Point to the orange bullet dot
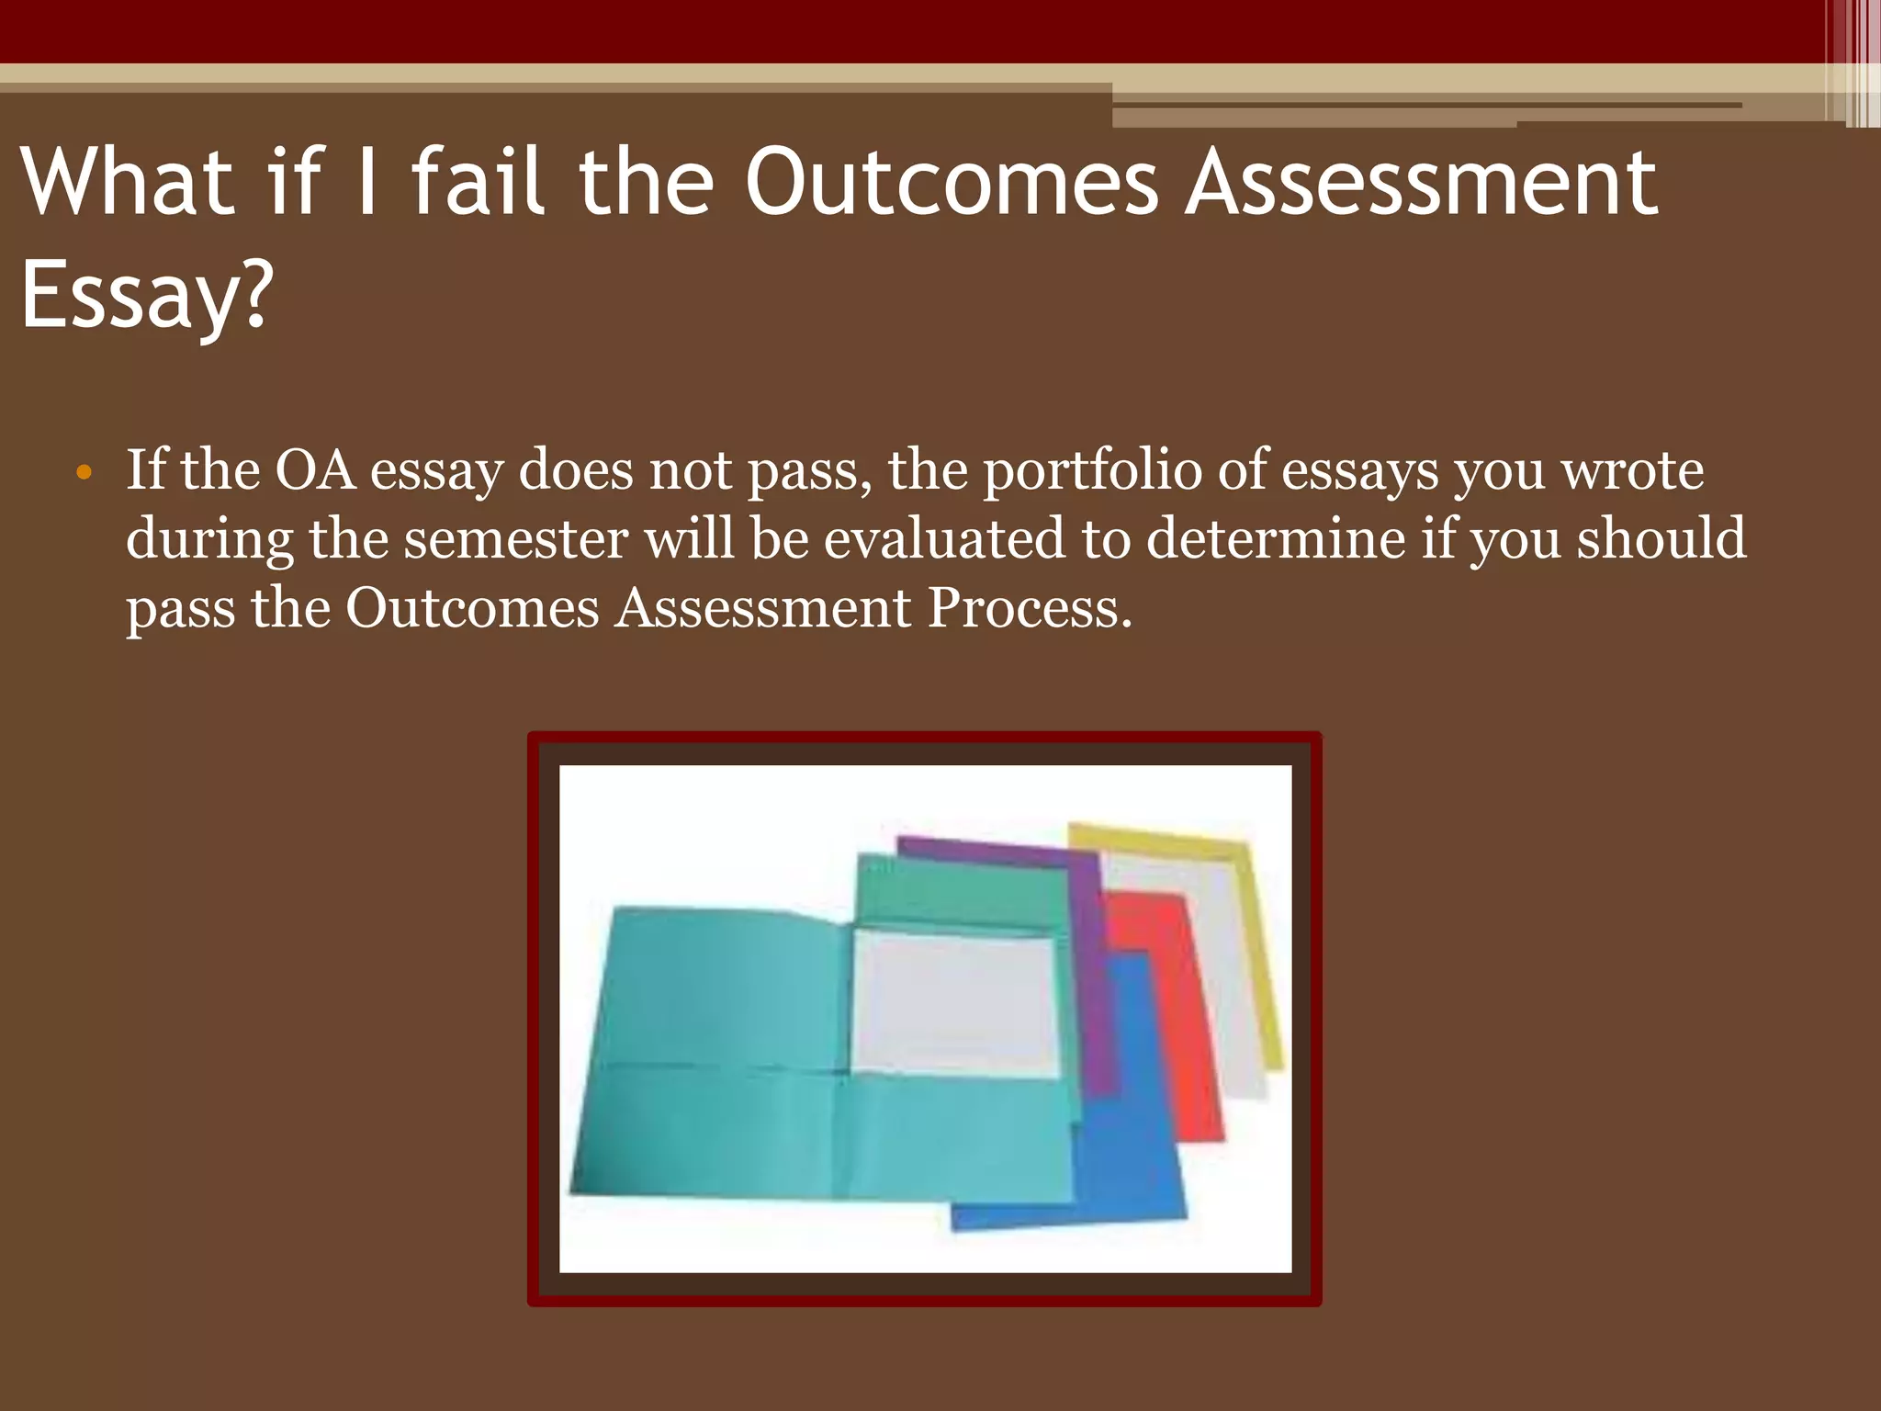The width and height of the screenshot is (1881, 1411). coord(84,473)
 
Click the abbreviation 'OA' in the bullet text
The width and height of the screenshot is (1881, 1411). coord(315,470)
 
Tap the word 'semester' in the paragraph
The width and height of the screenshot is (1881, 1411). coord(516,539)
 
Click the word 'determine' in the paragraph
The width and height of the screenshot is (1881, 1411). coord(1275,539)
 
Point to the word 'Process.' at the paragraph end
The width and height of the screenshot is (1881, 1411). coord(1030,608)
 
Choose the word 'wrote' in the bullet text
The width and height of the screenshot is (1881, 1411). coord(1633,470)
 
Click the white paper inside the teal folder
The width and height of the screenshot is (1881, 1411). coord(955,1001)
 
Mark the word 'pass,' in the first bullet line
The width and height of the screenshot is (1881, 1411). coord(809,470)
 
